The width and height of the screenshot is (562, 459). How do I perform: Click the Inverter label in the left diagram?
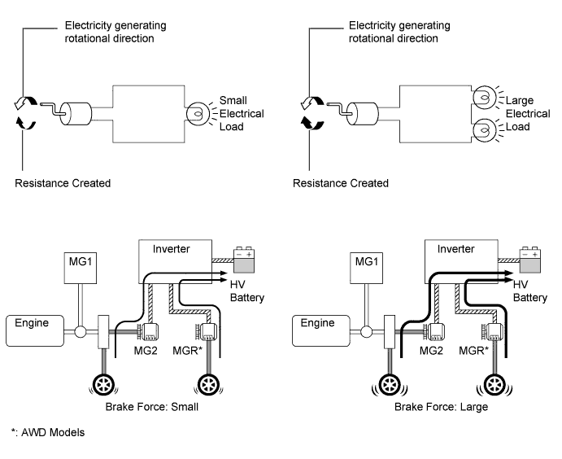(171, 249)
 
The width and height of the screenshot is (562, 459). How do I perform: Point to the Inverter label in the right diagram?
(455, 249)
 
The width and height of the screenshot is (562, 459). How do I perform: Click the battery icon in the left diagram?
(244, 260)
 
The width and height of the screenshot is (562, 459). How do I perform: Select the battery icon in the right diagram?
(530, 260)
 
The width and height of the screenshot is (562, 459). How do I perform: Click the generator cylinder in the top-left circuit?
(76, 114)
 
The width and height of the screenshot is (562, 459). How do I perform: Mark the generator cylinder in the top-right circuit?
(363, 114)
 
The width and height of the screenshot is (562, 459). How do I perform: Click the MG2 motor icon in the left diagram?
(148, 332)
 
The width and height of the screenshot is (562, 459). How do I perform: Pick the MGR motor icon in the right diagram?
(492, 332)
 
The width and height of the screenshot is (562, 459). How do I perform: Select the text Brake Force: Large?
(441, 407)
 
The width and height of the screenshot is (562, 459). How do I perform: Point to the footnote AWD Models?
(53, 432)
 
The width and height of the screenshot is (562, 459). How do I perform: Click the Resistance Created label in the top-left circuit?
(63, 183)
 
